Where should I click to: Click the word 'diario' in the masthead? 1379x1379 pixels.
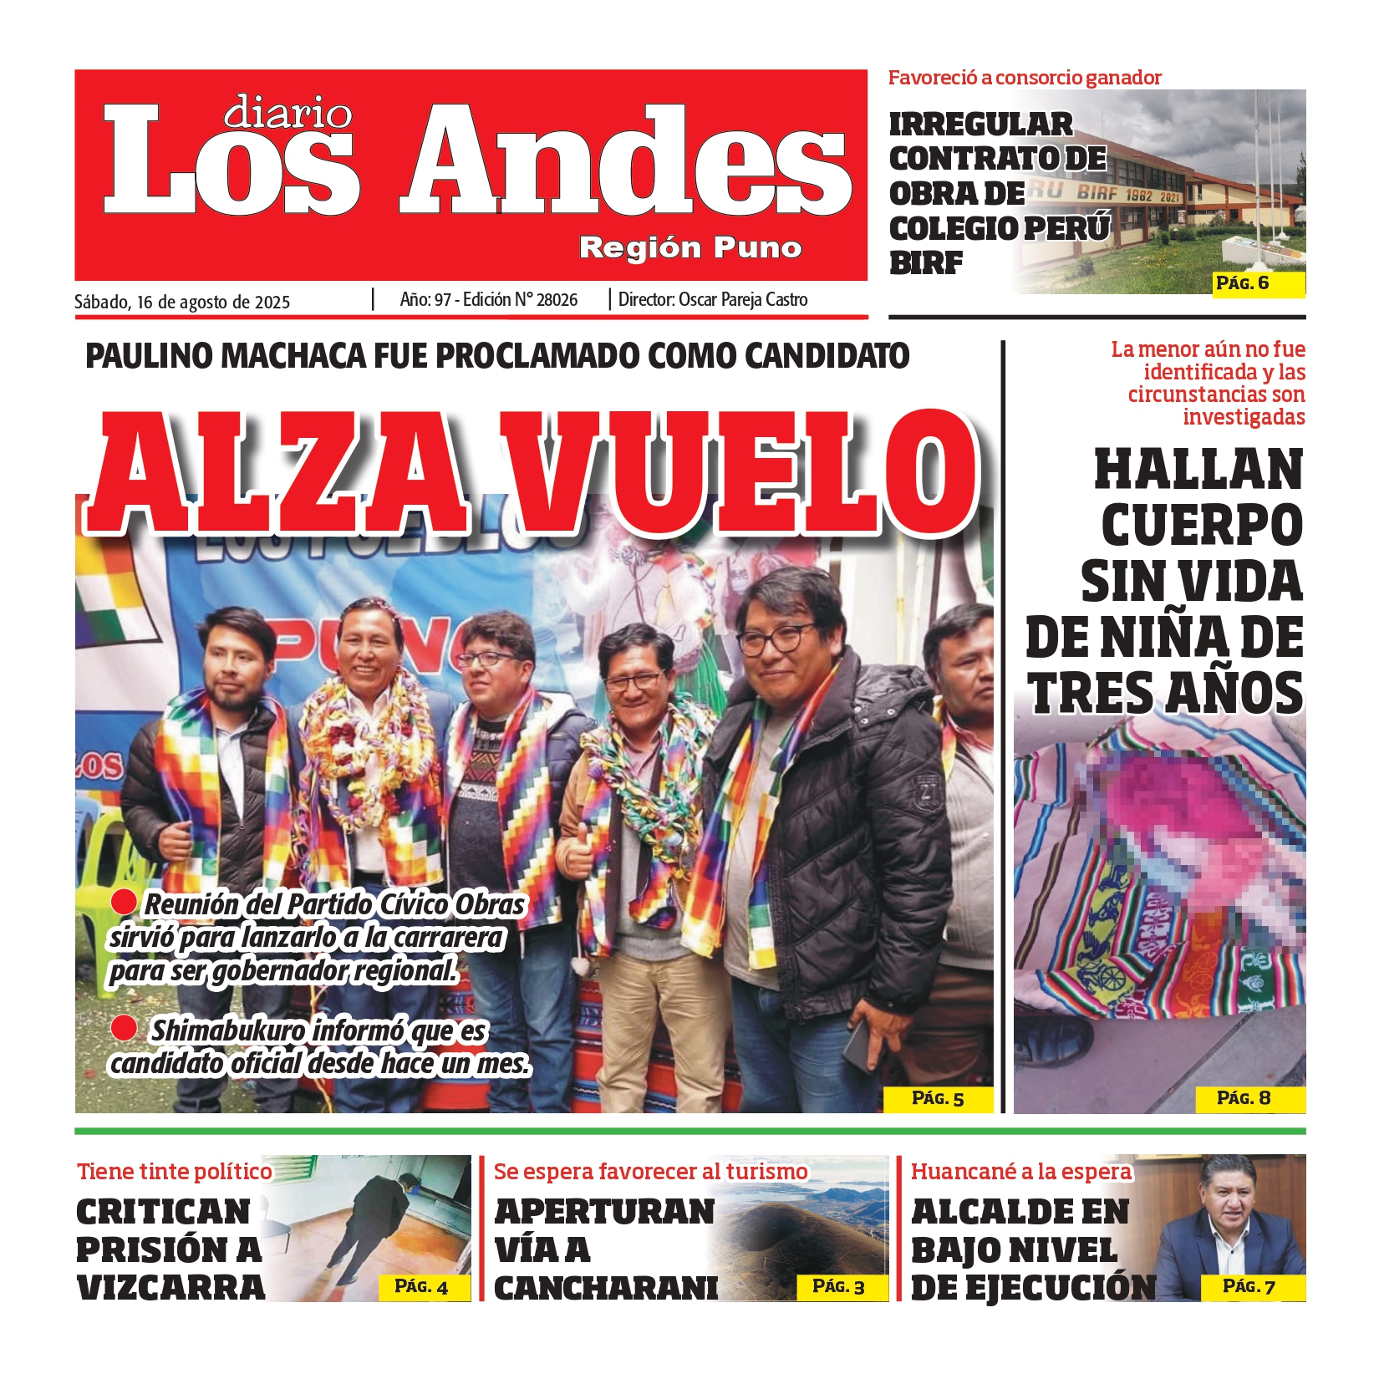[x=288, y=112]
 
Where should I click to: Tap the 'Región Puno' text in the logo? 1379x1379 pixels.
[x=690, y=247]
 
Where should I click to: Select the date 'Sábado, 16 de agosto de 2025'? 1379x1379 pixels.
[x=182, y=302]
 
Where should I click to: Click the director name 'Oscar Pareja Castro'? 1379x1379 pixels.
[x=743, y=300]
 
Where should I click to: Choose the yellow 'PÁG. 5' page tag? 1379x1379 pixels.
[x=938, y=1098]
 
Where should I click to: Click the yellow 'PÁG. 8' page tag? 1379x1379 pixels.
[x=1244, y=1098]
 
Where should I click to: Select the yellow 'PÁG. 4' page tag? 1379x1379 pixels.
[x=421, y=1287]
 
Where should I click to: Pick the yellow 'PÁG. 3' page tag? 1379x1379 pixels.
[x=838, y=1286]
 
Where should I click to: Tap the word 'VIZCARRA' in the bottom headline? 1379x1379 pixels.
[x=170, y=1288]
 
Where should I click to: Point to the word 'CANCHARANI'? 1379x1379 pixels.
[x=606, y=1288]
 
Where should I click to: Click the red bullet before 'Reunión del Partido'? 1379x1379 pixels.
[x=124, y=901]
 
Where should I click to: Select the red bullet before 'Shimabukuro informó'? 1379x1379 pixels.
[x=124, y=1028]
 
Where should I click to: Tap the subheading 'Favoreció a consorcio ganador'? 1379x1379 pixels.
[x=1025, y=78]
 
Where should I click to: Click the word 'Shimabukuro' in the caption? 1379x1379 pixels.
[x=227, y=1031]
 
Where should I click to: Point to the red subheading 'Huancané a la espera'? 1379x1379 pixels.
[x=1020, y=1172]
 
